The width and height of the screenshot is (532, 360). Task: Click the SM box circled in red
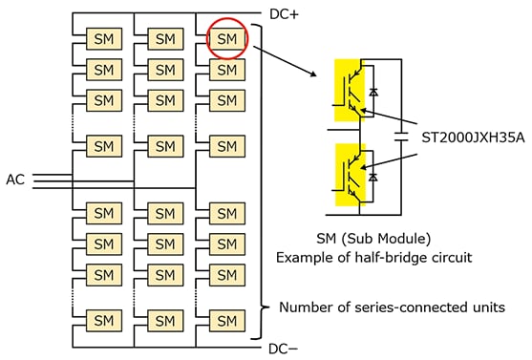point(225,39)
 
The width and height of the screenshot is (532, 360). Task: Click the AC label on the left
point(16,180)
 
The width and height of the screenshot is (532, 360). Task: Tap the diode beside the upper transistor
point(372,92)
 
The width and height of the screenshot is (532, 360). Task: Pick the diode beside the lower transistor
point(372,178)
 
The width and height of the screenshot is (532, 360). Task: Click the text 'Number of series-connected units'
point(392,307)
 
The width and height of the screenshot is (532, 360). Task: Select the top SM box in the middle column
point(164,39)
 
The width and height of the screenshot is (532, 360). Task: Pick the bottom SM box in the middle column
point(164,319)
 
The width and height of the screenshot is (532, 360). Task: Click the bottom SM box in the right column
point(225,319)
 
